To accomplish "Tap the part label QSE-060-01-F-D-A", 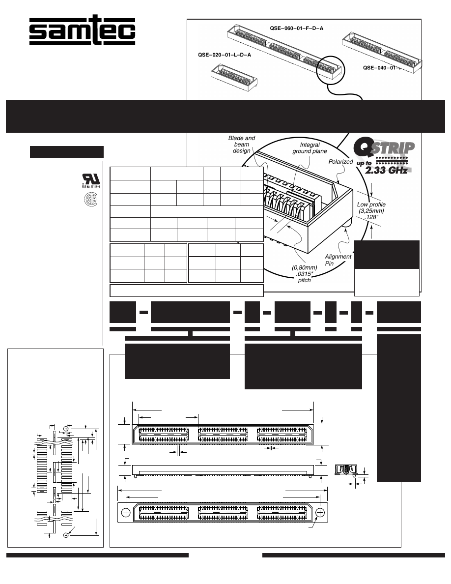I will click(x=296, y=29).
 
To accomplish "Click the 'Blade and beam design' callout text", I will click(x=242, y=145).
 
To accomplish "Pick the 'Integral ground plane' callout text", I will click(x=306, y=148).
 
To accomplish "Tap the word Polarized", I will click(x=341, y=161).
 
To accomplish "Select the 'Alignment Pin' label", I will click(x=338, y=260).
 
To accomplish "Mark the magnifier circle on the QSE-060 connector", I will click(x=331, y=70).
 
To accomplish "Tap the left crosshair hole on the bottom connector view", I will click(x=126, y=512).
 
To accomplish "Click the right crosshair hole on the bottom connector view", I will click(x=320, y=512).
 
